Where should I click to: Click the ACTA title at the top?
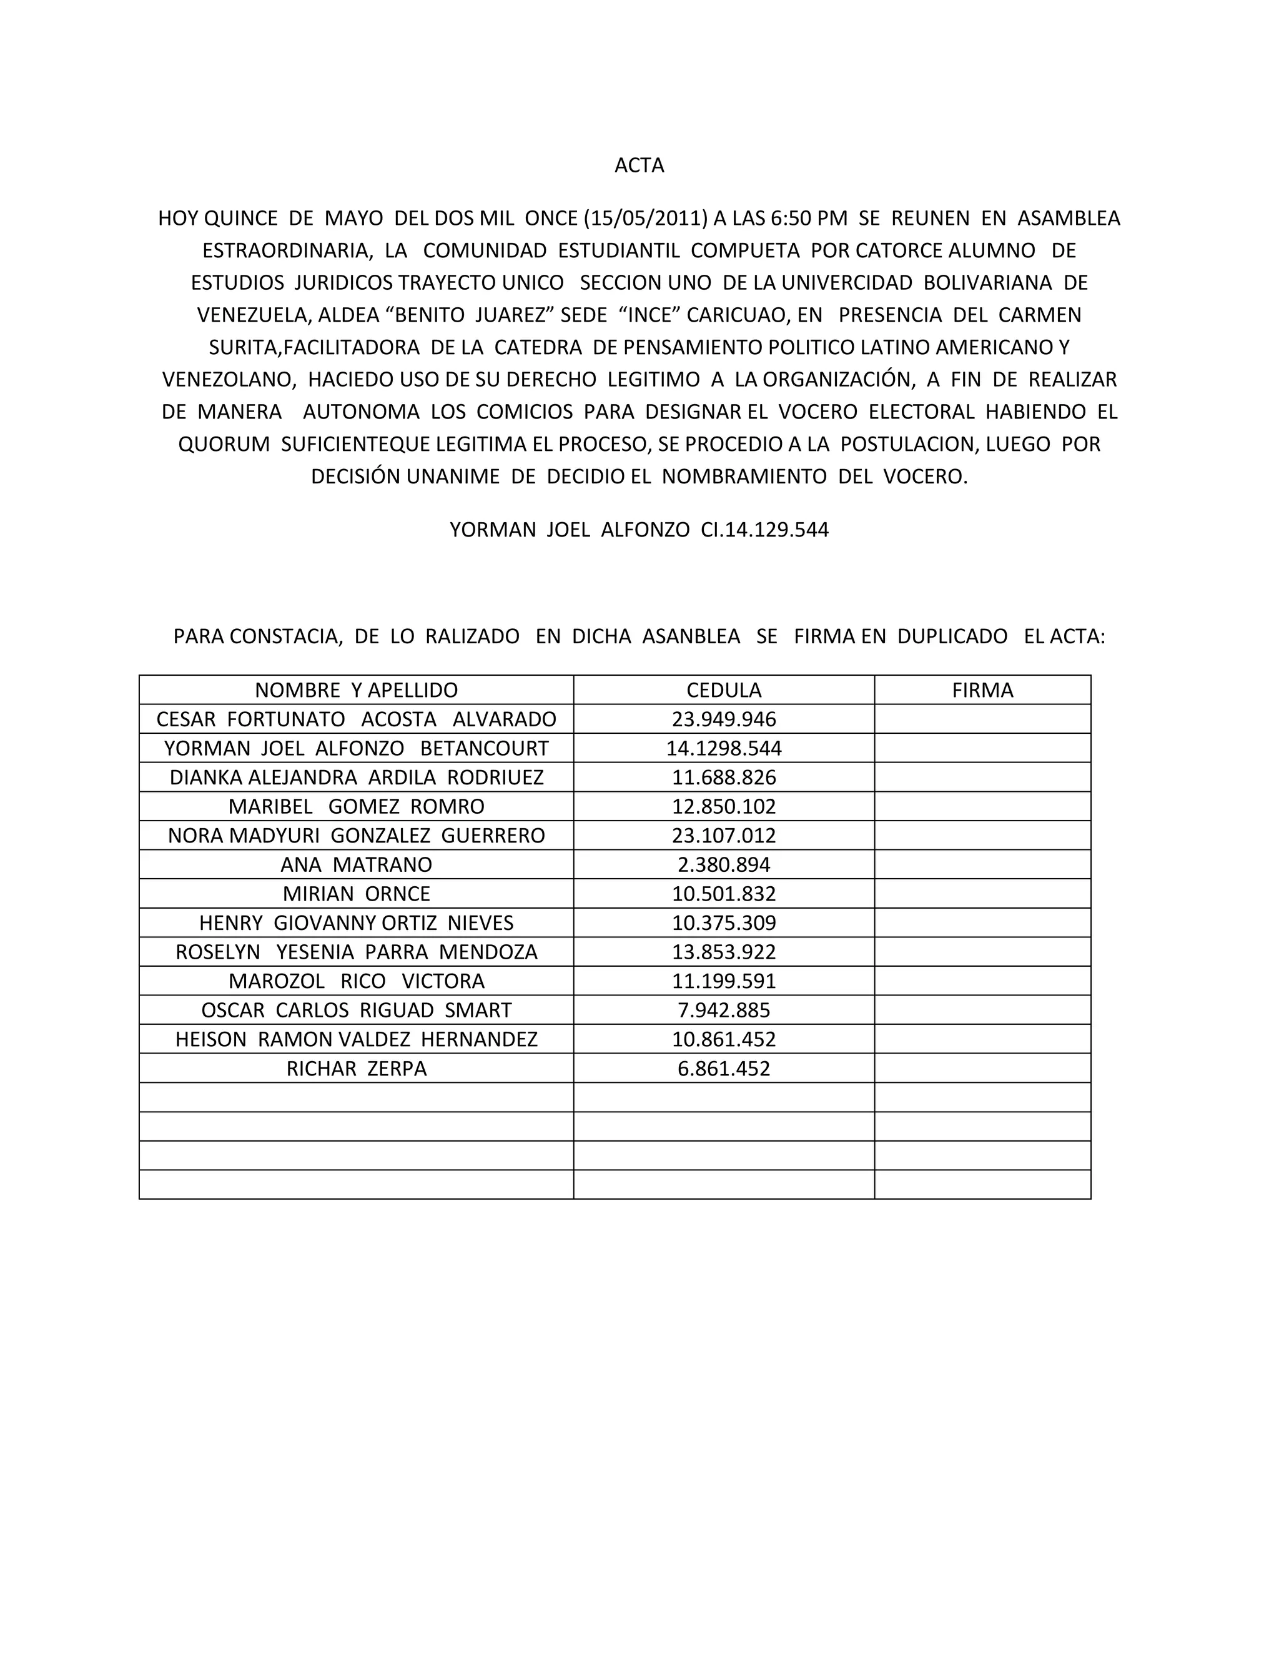(639, 165)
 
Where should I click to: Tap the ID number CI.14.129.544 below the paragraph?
(764, 530)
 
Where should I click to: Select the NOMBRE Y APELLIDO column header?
(356, 690)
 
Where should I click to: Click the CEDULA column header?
(724, 690)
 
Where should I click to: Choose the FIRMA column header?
(982, 690)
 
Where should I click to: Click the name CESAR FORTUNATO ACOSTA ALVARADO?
(356, 719)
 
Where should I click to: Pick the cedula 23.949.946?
(724, 719)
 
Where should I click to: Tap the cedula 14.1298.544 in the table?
(724, 749)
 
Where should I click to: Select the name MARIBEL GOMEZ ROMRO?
(356, 806)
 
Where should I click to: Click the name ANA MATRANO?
(356, 864)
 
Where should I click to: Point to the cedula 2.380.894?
(724, 864)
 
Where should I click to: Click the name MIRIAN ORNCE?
(356, 894)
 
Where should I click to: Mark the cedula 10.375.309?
(724, 923)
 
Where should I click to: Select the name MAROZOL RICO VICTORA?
(356, 981)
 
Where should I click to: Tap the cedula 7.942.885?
(724, 1010)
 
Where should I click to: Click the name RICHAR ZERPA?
(356, 1069)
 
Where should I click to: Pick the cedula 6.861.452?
(724, 1069)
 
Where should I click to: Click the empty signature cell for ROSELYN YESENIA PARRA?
(982, 952)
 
